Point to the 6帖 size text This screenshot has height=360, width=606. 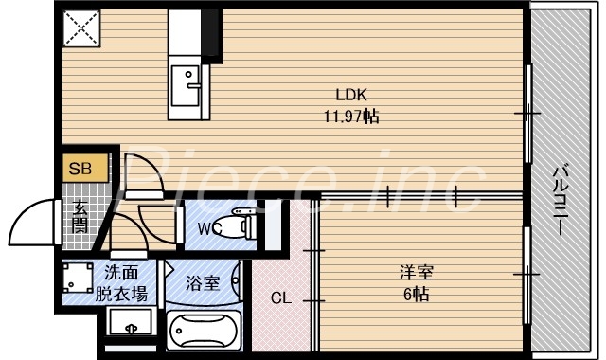[x=417, y=294]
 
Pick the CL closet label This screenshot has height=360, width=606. [x=281, y=298]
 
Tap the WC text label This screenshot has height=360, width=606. [x=210, y=228]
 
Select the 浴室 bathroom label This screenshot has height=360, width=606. [x=202, y=282]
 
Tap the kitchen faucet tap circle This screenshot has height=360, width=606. [x=189, y=74]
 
